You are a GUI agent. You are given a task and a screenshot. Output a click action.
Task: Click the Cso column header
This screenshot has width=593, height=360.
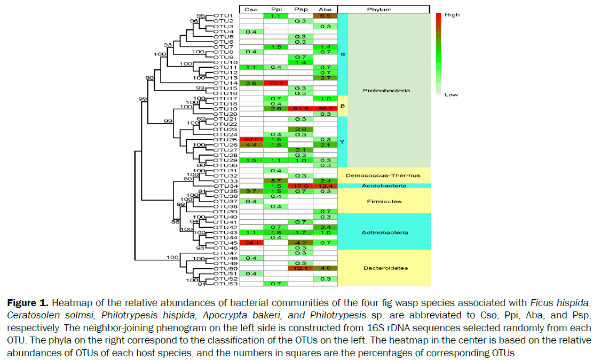pyautogui.click(x=251, y=10)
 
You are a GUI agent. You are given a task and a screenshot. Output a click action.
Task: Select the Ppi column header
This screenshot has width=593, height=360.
pyautogui.click(x=276, y=10)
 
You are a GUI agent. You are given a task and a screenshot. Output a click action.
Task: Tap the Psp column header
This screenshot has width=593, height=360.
pyautogui.click(x=301, y=10)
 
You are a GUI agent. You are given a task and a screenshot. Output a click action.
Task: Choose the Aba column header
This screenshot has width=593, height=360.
pyautogui.click(x=325, y=10)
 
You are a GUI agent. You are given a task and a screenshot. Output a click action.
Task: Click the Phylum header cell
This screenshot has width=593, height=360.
pyautogui.click(x=383, y=10)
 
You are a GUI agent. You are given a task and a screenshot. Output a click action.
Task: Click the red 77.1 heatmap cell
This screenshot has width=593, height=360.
pyautogui.click(x=276, y=83)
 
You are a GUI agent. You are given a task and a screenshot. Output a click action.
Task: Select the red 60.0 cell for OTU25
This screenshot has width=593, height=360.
pyautogui.click(x=251, y=139)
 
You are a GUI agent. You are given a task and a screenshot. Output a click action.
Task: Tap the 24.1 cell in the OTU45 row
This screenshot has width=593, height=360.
pyautogui.click(x=251, y=243)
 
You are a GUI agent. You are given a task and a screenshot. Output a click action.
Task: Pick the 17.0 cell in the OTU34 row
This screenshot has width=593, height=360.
pyautogui.click(x=301, y=186)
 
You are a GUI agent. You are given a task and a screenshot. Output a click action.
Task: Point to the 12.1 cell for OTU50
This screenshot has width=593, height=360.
pyautogui.click(x=301, y=268)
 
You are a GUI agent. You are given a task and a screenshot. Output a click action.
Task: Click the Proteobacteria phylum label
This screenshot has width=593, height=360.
pyautogui.click(x=386, y=90)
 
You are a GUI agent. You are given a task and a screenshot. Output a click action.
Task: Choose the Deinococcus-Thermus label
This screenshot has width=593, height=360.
pyautogui.click(x=386, y=175)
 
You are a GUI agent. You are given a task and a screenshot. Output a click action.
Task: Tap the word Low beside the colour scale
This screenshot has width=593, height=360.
pyautogui.click(x=451, y=95)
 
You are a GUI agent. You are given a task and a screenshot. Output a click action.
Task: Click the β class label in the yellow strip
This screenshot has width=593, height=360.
pyautogui.click(x=343, y=106)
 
